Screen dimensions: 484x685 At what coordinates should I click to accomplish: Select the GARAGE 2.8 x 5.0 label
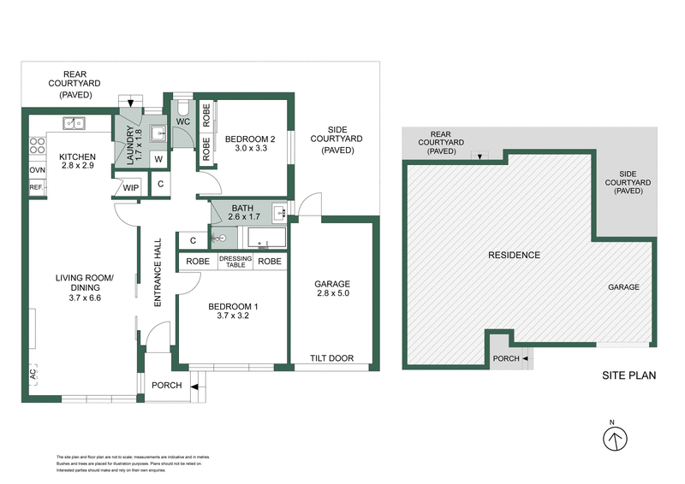click(333, 289)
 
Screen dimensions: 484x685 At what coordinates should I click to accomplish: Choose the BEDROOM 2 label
click(250, 144)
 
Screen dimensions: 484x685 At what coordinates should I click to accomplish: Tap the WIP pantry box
click(131, 188)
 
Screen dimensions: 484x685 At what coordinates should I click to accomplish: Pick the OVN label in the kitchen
click(37, 170)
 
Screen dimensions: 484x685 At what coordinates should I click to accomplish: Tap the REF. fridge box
click(37, 186)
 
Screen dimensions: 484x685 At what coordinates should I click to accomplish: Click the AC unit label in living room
click(33, 374)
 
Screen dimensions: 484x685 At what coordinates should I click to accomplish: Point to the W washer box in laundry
click(159, 159)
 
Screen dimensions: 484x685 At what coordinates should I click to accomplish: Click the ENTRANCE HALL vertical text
click(158, 271)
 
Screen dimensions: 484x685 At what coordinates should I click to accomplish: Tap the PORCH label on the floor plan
click(167, 385)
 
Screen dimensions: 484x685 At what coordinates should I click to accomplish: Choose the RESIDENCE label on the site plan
click(514, 255)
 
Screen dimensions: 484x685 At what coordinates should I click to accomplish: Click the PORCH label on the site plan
click(505, 357)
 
